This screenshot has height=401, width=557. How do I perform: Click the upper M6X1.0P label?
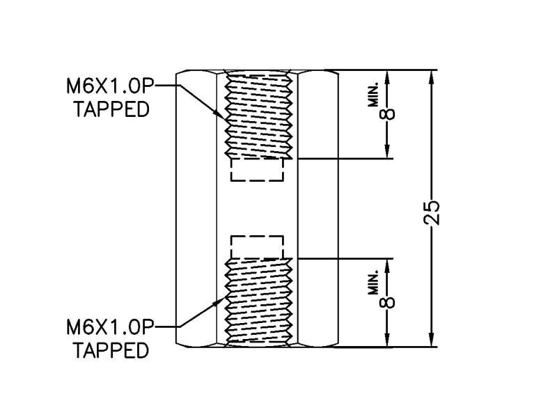tap(109, 86)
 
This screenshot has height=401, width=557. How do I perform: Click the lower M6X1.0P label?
tap(109, 326)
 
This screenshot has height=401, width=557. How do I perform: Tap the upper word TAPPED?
tap(111, 110)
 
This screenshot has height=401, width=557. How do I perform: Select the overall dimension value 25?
tap(432, 212)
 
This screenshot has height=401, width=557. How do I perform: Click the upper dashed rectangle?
tap(257, 171)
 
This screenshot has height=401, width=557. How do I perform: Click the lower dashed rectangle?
tap(257, 247)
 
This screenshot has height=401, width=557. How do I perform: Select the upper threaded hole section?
tap(257, 115)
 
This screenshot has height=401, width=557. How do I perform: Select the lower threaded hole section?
tap(257, 301)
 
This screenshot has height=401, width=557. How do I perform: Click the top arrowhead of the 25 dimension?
tap(432, 74)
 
